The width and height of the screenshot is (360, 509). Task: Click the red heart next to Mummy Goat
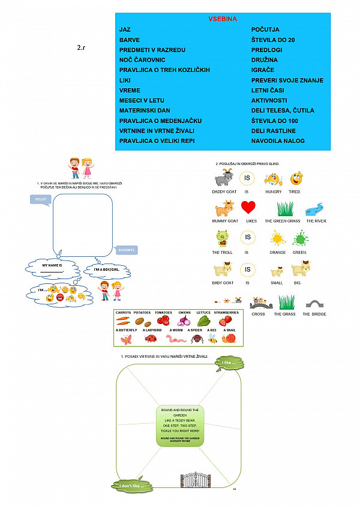[x=248, y=208]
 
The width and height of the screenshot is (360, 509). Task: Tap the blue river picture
[x=314, y=209]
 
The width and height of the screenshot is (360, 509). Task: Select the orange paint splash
[x=277, y=239]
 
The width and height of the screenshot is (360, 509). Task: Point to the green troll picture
[x=222, y=238]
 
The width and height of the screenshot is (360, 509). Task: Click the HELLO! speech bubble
[x=41, y=199]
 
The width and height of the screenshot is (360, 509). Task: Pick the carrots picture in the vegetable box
[x=124, y=321]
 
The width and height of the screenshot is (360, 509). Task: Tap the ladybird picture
[x=151, y=339]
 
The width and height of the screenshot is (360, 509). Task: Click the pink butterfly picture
[x=126, y=339]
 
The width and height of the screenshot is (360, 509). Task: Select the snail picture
[x=229, y=339]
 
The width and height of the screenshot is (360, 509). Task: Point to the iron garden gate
[x=196, y=480]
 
